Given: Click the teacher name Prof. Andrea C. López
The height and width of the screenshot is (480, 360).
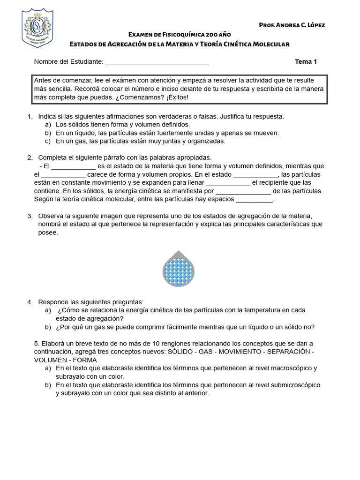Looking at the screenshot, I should (292, 25).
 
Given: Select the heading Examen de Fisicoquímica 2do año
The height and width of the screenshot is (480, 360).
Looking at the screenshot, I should (180, 35).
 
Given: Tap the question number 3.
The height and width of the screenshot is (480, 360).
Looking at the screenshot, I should (30, 216).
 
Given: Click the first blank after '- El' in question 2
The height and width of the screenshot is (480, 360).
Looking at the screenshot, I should (73, 166).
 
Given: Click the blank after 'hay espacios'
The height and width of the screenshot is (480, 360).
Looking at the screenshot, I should (254, 200).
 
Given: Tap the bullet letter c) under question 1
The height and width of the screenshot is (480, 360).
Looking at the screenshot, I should (48, 141).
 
